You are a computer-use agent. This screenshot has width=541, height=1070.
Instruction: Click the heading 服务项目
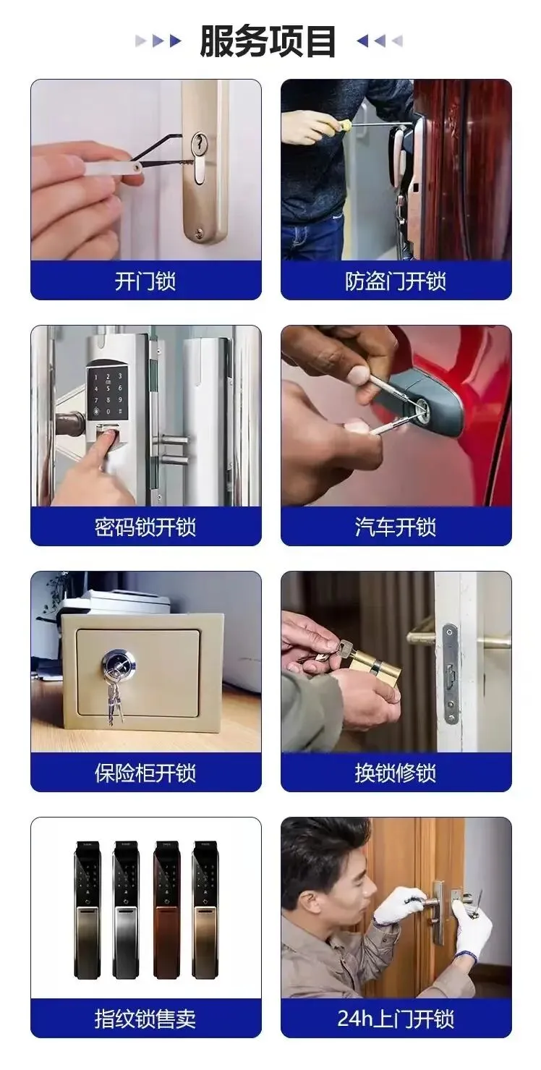click(268, 41)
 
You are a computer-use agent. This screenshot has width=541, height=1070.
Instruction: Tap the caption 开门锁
click(145, 281)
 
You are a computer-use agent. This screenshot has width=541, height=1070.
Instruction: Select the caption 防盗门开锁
click(396, 281)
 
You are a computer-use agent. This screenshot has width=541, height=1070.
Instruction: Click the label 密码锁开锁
click(145, 527)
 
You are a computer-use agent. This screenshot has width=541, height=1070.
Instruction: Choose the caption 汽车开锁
click(396, 527)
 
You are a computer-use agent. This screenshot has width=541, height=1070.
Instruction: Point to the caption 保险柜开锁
click(145, 773)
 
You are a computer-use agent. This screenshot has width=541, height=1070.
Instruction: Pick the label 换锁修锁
click(396, 773)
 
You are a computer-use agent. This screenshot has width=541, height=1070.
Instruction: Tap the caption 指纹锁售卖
click(145, 1019)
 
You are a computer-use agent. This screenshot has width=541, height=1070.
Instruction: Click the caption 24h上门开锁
click(396, 1019)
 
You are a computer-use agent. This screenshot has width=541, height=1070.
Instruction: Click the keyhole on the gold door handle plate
click(197, 143)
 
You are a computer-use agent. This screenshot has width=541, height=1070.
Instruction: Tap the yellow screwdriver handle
click(344, 126)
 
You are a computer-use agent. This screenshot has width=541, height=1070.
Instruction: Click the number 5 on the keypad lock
click(108, 388)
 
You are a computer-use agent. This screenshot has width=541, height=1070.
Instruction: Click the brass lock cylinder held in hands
click(375, 663)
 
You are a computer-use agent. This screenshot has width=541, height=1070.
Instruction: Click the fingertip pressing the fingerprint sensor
click(111, 436)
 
